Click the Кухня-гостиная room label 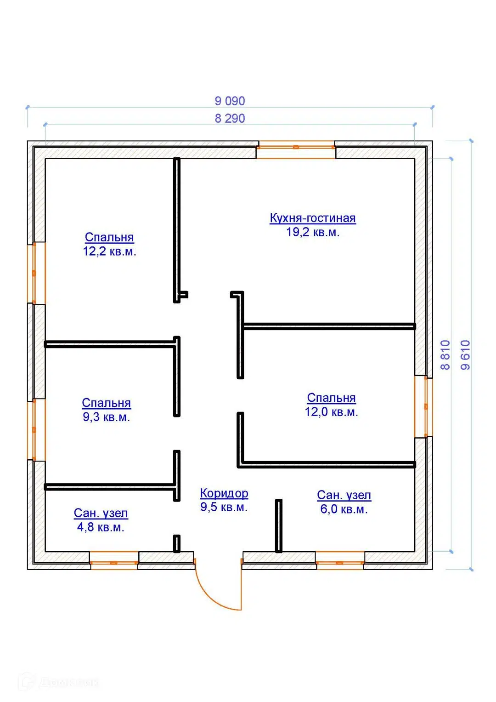[312, 218]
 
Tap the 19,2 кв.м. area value [313, 232]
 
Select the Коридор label [224, 493]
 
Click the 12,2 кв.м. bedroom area [110, 251]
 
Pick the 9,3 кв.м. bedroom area [107, 417]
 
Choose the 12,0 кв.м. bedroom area [331, 412]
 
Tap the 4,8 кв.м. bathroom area [101, 527]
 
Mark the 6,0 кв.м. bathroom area [344, 509]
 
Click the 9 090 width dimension [230, 101]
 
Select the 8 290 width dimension [230, 119]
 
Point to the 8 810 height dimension [445, 355]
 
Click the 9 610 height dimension [466, 355]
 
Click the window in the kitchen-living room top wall [296, 149]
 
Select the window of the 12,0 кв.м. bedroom [423, 406]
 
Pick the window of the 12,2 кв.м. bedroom [36, 273]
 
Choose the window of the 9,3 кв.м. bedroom [36, 430]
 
